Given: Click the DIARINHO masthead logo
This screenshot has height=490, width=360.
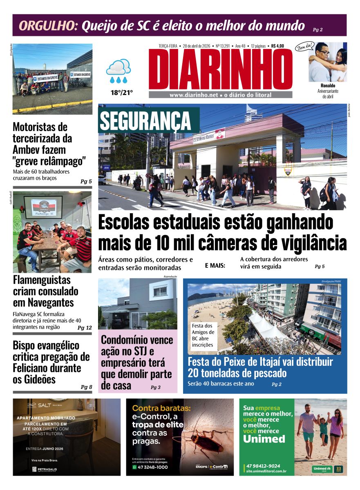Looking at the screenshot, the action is point(221,69).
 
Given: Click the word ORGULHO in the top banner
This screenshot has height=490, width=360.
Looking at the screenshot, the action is point(48,26).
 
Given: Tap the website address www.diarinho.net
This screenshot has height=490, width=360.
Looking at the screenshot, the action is point(194,95).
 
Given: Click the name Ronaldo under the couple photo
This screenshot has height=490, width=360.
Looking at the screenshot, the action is point(328,86).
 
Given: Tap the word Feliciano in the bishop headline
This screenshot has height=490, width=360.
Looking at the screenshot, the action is point(31,368).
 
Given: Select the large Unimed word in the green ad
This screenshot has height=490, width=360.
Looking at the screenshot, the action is point(264,439).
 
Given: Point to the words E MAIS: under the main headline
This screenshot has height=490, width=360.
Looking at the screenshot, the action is point(215,266).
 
